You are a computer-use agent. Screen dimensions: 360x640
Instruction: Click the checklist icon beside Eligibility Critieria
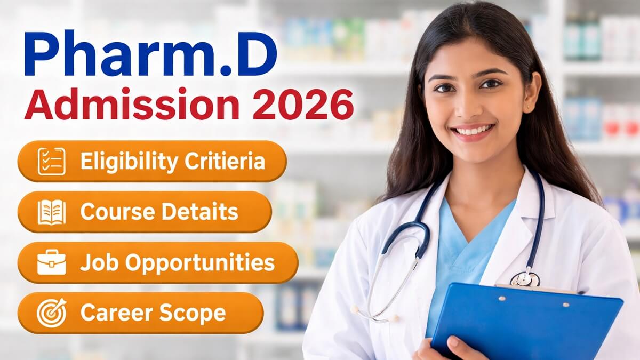pos(52,162)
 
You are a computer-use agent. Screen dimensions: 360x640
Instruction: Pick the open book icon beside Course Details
pos(52,212)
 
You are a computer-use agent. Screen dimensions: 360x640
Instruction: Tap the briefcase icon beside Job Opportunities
pos(52,262)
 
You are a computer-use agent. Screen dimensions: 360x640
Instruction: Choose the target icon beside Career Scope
pos(52,313)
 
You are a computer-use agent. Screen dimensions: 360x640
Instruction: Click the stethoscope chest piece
pos(525,279)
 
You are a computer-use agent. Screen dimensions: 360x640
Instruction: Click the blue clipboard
pos(528,325)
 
